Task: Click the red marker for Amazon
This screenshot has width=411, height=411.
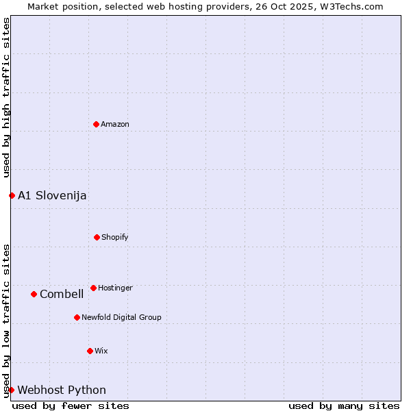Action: coord(97,124)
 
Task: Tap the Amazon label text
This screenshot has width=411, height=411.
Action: coord(115,124)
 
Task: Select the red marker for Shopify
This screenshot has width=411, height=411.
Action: coord(97,237)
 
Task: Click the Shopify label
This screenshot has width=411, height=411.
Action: coord(115,237)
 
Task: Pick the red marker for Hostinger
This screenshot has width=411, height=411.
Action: coord(93,288)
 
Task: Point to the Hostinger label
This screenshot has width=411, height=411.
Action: coord(115,288)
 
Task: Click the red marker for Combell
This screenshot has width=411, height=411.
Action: coord(34,294)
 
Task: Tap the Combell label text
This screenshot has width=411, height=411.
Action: coord(62,294)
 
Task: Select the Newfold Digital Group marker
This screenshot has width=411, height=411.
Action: coord(77,317)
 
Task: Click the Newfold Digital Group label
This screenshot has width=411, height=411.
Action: coord(121,317)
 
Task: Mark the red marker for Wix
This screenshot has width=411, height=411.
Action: coord(90,351)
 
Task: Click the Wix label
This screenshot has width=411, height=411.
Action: coord(101,351)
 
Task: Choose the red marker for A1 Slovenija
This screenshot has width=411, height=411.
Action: coord(12,195)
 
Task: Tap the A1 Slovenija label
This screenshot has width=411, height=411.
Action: coord(52,195)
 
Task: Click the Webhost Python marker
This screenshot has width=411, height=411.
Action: coord(11,390)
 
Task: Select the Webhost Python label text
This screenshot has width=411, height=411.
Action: coord(62,390)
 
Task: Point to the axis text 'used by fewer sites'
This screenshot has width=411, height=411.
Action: coord(71,406)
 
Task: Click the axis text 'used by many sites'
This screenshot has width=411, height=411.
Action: coord(344,406)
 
